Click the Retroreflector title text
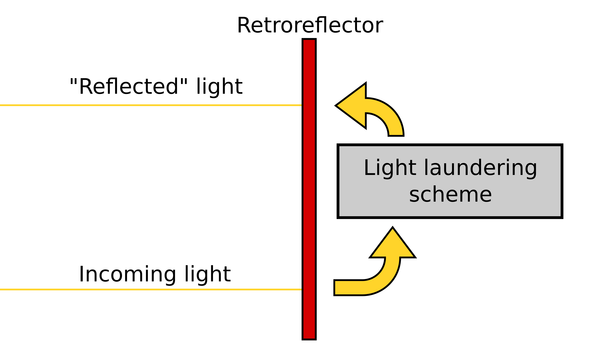(309, 24)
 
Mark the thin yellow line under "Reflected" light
(150, 105)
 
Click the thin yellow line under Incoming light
(150, 290)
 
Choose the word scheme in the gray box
(450, 193)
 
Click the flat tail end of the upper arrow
(394, 133)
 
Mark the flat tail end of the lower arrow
(337, 287)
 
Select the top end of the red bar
(309, 42)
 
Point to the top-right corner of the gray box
(561, 146)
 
